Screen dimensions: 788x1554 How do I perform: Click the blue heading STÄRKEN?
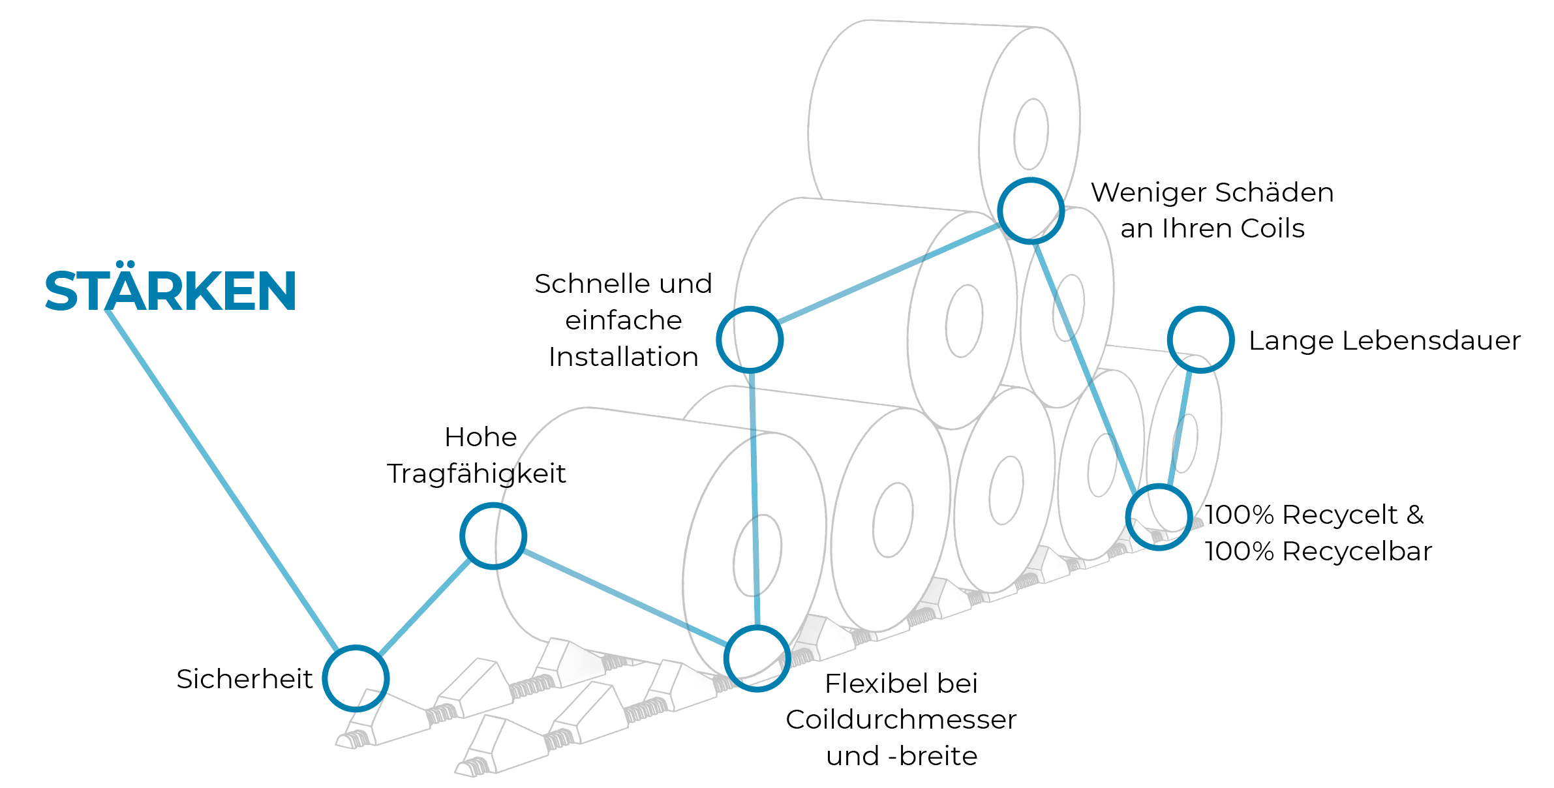tap(170, 291)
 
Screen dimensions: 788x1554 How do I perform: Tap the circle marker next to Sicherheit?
tap(356, 678)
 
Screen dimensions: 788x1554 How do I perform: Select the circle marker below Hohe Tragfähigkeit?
tap(493, 536)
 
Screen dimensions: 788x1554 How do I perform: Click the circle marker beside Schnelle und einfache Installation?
tap(750, 339)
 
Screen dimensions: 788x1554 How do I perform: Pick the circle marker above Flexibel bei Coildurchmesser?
tap(757, 658)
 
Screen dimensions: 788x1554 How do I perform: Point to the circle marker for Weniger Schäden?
tap(1031, 211)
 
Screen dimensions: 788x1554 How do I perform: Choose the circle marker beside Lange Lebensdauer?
tap(1200, 339)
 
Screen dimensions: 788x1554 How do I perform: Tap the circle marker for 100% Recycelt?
tap(1159, 517)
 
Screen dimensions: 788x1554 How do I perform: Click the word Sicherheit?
tap(245, 679)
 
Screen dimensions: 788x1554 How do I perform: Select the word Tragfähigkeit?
tap(476, 474)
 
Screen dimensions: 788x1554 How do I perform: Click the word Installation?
tap(624, 357)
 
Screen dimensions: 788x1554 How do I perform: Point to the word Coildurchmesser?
tap(901, 720)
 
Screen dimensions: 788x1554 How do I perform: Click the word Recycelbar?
tap(1357, 551)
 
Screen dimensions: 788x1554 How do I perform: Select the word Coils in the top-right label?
tap(1272, 228)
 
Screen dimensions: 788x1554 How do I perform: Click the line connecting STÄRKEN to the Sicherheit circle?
tap(222, 479)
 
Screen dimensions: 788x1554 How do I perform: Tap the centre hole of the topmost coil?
tap(1031, 134)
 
